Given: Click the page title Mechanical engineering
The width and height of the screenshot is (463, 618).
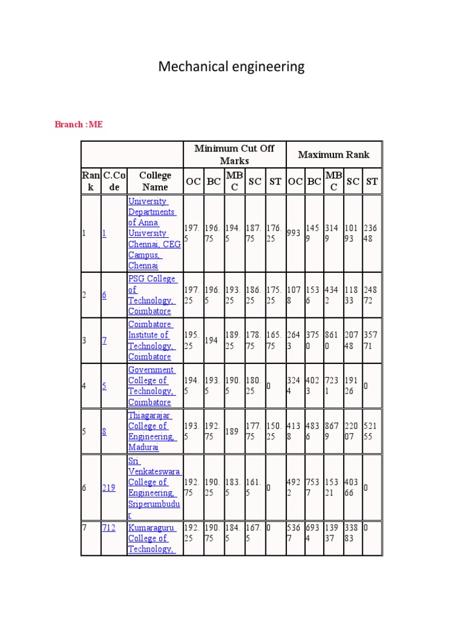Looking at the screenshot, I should tap(231, 66).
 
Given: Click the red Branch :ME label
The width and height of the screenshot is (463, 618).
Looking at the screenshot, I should tap(78, 124).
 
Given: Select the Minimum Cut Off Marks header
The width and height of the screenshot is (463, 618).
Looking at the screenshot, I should tap(234, 155).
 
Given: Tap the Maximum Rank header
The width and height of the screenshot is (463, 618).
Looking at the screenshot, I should tap(333, 155).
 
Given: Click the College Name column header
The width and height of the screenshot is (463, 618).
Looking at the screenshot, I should tap(155, 181).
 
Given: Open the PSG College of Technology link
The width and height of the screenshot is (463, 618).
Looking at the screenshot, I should tap(152, 295).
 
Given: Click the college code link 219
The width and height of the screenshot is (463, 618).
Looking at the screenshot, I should tap(109, 488).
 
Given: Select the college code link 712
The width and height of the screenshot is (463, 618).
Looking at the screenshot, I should tap(109, 527).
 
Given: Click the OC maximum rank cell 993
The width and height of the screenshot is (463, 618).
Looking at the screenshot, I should tap(294, 233).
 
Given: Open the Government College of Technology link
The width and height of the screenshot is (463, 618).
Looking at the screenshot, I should tap(151, 386).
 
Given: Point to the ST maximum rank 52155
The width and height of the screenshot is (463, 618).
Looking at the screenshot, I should tap(371, 432).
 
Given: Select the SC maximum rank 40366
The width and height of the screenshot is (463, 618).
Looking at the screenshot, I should tap(351, 488).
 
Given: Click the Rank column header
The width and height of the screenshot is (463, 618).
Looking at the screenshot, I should tap(90, 181).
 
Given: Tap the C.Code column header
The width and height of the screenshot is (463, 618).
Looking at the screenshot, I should tap(113, 181).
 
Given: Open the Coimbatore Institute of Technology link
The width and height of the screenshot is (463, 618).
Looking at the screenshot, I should tap(151, 340).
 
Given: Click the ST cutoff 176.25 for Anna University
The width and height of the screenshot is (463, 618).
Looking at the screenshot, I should tap(275, 233).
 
